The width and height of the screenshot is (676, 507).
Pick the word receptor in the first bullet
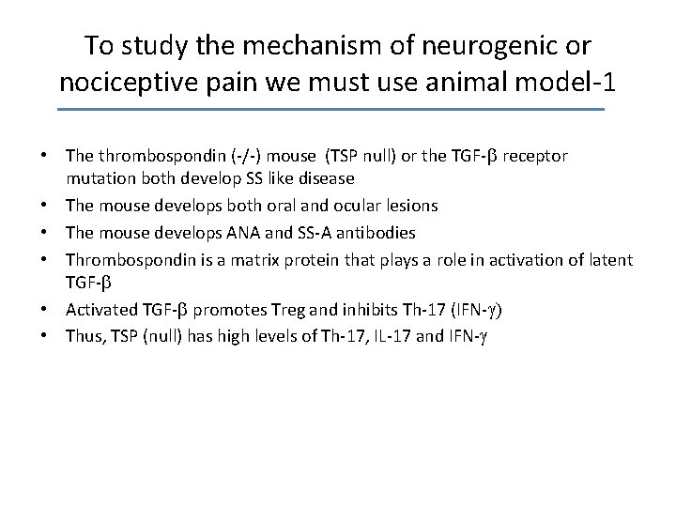pyautogui.click(x=535, y=155)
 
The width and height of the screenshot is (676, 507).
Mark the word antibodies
pyautogui.click(x=372, y=232)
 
